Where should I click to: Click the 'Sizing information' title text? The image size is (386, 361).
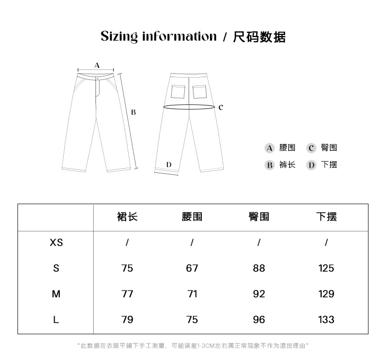coord(159,37)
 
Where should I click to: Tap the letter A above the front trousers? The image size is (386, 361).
coord(97,65)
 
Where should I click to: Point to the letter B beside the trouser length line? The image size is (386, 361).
coord(133,112)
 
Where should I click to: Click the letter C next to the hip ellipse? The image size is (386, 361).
coord(220,107)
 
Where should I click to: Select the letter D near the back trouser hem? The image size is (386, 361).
coord(168,165)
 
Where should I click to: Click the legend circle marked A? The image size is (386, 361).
coord(269,148)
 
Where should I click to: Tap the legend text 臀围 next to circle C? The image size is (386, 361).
coord(328,148)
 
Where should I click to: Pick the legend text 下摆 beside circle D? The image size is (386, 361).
coord(328,165)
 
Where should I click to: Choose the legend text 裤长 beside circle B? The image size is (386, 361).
coord(287,165)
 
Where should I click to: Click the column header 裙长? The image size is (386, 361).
coord(127,217)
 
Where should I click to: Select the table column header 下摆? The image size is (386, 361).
coord(326,217)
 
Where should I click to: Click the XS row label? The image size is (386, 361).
coord(56,242)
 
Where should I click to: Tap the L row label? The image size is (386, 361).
coord(56,319)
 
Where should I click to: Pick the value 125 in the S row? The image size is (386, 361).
coord(326,268)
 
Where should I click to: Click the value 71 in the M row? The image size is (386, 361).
coord(192,294)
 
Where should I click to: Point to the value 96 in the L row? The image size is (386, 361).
coord(259,319)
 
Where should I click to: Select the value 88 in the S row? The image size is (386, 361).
coord(259,268)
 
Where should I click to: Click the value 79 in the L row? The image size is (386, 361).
coord(127,319)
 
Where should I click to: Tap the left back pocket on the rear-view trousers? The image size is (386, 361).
coord(178,91)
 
